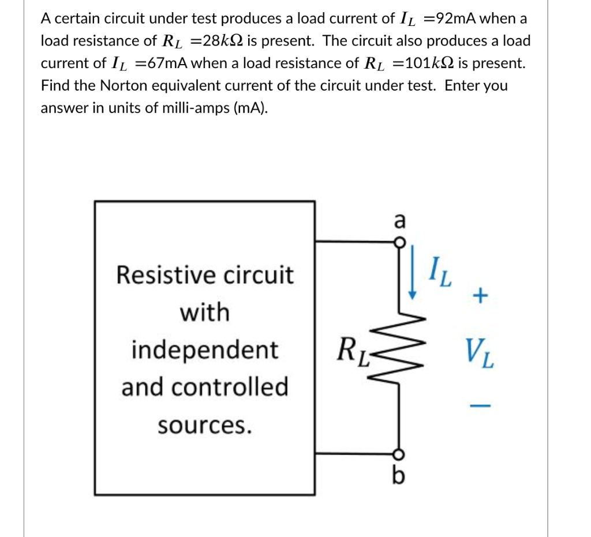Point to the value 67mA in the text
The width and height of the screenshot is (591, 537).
(166, 63)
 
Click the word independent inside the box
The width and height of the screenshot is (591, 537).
(205, 350)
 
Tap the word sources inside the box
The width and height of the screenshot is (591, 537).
(205, 426)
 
